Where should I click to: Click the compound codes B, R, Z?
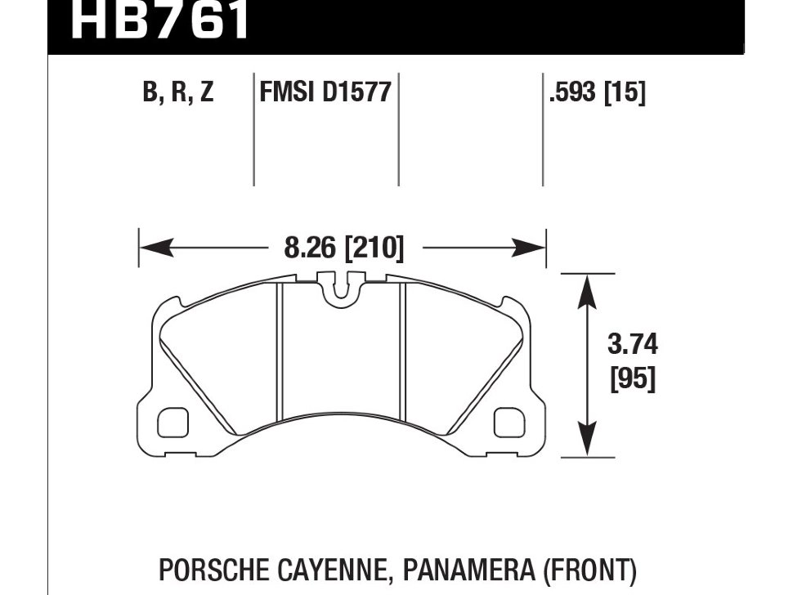[177, 92]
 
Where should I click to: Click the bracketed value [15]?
[625, 92]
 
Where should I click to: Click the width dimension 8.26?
[311, 246]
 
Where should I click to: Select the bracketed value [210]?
[374, 246]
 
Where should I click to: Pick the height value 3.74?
[633, 345]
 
